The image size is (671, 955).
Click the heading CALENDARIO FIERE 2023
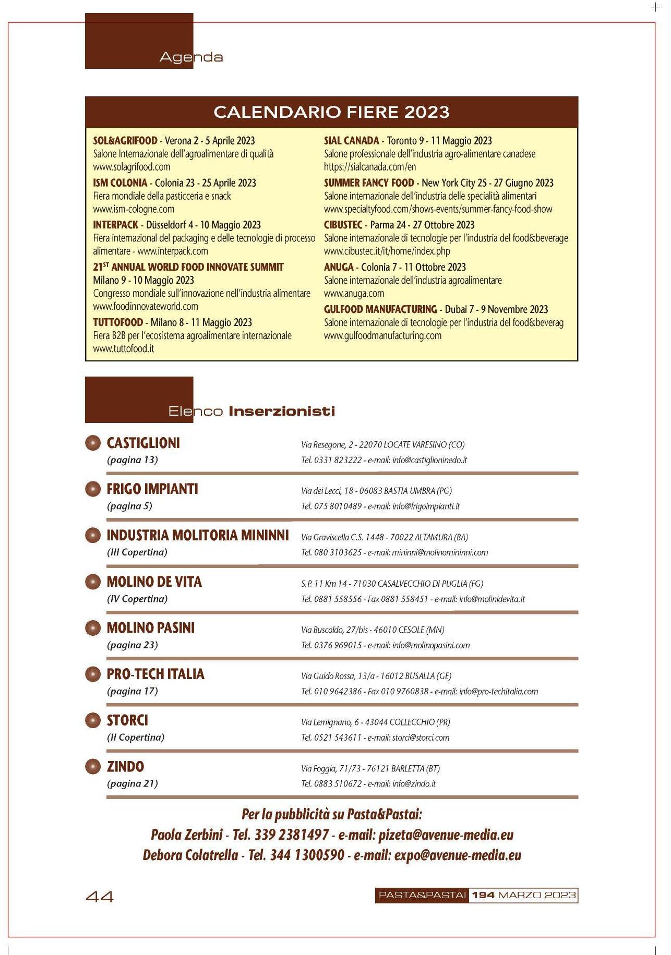(331, 112)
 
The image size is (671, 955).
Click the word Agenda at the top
(191, 57)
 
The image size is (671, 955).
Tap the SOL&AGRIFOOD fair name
(125, 141)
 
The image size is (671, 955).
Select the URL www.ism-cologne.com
(134, 209)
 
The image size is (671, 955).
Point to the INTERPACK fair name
(115, 225)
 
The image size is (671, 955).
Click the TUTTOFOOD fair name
(118, 322)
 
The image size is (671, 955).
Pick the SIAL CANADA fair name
(351, 141)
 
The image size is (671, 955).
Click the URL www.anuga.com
(354, 294)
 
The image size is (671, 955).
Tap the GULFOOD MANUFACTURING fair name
(380, 309)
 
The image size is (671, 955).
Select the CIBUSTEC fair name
(343, 225)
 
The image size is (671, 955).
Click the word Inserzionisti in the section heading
(282, 411)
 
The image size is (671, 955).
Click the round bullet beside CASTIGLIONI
(92, 443)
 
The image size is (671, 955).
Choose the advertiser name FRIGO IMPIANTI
(152, 489)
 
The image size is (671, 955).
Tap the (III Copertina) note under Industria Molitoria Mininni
(137, 552)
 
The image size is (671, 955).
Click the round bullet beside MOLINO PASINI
(92, 628)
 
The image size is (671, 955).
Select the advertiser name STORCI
(127, 721)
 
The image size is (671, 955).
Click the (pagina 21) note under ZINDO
(133, 783)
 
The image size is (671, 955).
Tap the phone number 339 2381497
(291, 835)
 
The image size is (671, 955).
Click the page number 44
(99, 897)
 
